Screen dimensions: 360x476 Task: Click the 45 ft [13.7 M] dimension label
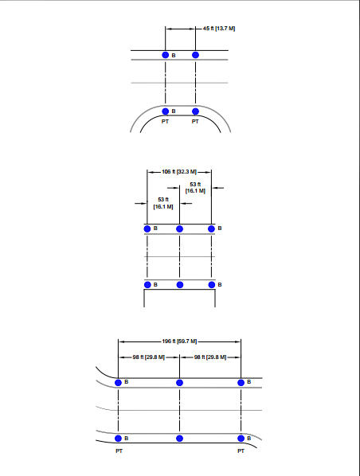(219, 28)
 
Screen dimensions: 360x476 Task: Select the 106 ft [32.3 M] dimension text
(179, 172)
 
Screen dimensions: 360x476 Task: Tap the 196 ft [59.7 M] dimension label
(179, 341)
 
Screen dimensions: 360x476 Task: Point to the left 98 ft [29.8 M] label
(149, 357)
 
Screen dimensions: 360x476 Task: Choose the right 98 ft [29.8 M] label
(210, 357)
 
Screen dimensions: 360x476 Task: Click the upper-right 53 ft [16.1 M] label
(195, 188)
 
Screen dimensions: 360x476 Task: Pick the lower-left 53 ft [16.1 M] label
(163, 203)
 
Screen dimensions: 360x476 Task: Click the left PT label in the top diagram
(165, 122)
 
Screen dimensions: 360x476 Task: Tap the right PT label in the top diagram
(195, 122)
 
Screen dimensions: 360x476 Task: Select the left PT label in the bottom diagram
(119, 451)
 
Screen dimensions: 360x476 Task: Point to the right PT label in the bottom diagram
(241, 451)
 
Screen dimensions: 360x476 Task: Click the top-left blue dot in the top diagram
(166, 55)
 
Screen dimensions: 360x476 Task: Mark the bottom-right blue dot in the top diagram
(195, 111)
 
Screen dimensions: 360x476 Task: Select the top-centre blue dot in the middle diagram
(179, 228)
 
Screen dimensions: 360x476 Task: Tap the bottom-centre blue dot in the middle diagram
(180, 285)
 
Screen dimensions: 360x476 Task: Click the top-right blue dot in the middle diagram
(211, 228)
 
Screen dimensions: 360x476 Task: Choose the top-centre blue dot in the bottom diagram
(179, 383)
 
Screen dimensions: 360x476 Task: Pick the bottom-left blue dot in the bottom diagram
(118, 439)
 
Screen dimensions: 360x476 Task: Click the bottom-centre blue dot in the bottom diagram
(179, 439)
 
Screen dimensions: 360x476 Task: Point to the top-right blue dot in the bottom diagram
(241, 383)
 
